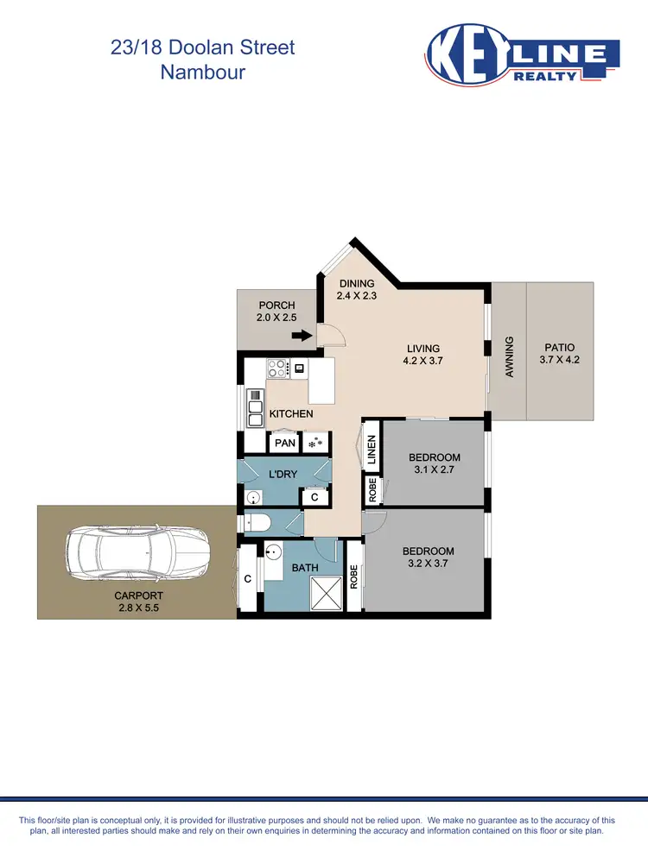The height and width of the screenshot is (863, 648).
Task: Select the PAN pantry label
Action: click(284, 444)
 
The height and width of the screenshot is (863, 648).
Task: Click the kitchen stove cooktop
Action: click(277, 369)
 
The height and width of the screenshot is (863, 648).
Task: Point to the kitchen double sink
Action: click(256, 408)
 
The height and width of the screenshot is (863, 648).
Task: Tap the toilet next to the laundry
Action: click(260, 522)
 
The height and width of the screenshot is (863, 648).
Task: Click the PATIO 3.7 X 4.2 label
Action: click(557, 354)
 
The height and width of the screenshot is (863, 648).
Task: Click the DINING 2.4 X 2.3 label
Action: click(356, 289)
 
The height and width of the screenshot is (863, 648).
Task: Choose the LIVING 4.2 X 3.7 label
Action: click(424, 355)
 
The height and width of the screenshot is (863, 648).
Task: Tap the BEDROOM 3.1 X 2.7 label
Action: click(435, 463)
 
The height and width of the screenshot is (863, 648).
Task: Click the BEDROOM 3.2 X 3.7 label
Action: click(428, 557)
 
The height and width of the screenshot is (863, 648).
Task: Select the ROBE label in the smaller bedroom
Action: click(372, 490)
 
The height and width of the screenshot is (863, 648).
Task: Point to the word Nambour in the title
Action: click(203, 72)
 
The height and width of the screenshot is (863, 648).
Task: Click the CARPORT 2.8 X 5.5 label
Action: click(139, 602)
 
